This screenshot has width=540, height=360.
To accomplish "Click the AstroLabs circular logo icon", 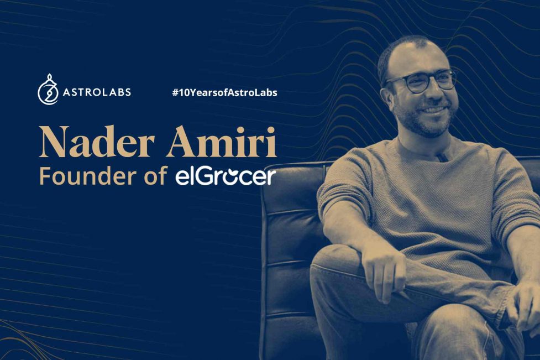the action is pos(48,90).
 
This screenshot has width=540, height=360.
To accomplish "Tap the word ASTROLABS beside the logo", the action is pos(97,92).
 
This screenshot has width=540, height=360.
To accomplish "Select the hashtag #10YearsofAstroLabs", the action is pos(224,92).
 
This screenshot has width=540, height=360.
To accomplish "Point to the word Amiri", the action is pos(222,142).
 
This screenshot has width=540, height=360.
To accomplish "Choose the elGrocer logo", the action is pos(226,176).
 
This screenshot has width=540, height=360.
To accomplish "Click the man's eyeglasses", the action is pos(421,80).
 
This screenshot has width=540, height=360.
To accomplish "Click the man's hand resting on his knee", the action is pos(386,272).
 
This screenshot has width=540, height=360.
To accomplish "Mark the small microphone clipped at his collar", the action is pos(443,157).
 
